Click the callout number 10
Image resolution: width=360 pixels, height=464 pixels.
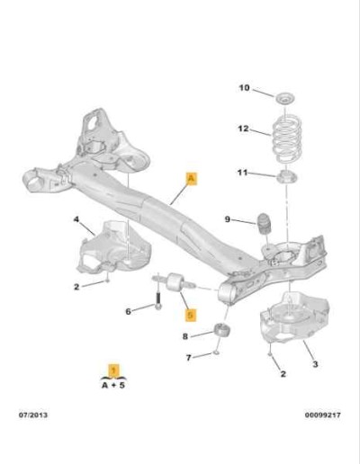tap(244, 88)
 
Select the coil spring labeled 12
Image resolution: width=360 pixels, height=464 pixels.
tap(287, 138)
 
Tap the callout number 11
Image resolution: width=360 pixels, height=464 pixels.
tap(242, 173)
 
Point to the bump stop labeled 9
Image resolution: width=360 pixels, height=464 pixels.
tap(263, 224)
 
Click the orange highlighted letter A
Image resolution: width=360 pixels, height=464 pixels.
tap(192, 179)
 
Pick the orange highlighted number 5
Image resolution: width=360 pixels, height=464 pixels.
tap(190, 315)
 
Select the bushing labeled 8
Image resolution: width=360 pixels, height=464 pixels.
tap(223, 330)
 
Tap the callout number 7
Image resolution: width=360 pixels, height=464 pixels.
tap(188, 358)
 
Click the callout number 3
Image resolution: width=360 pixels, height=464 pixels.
tap(315, 364)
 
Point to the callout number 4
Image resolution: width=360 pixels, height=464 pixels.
tap(76, 219)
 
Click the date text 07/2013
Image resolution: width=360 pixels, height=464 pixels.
tap(33, 415)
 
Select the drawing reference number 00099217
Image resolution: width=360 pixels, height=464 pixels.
tap(323, 415)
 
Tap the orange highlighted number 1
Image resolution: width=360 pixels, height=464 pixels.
tap(113, 370)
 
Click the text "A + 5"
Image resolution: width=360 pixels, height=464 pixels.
tap(113, 385)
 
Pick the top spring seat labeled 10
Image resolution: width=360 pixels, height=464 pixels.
tap(285, 98)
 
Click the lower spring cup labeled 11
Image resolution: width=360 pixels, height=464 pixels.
tap(286, 176)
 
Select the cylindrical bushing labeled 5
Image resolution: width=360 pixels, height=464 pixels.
tap(175, 282)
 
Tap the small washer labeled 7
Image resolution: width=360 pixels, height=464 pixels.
tap(216, 353)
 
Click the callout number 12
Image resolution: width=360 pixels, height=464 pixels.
tap(243, 129)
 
